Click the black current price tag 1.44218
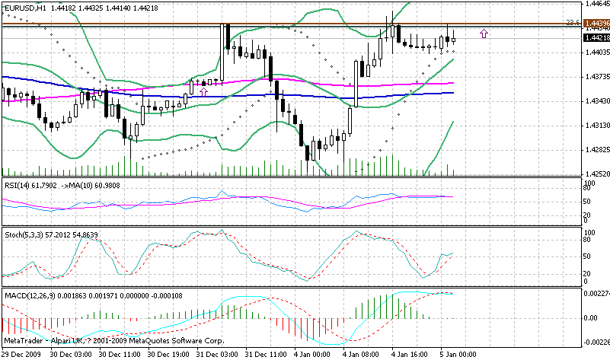(595, 37)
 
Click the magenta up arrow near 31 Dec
(203, 91)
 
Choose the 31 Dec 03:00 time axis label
(219, 354)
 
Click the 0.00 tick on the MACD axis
(590, 317)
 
